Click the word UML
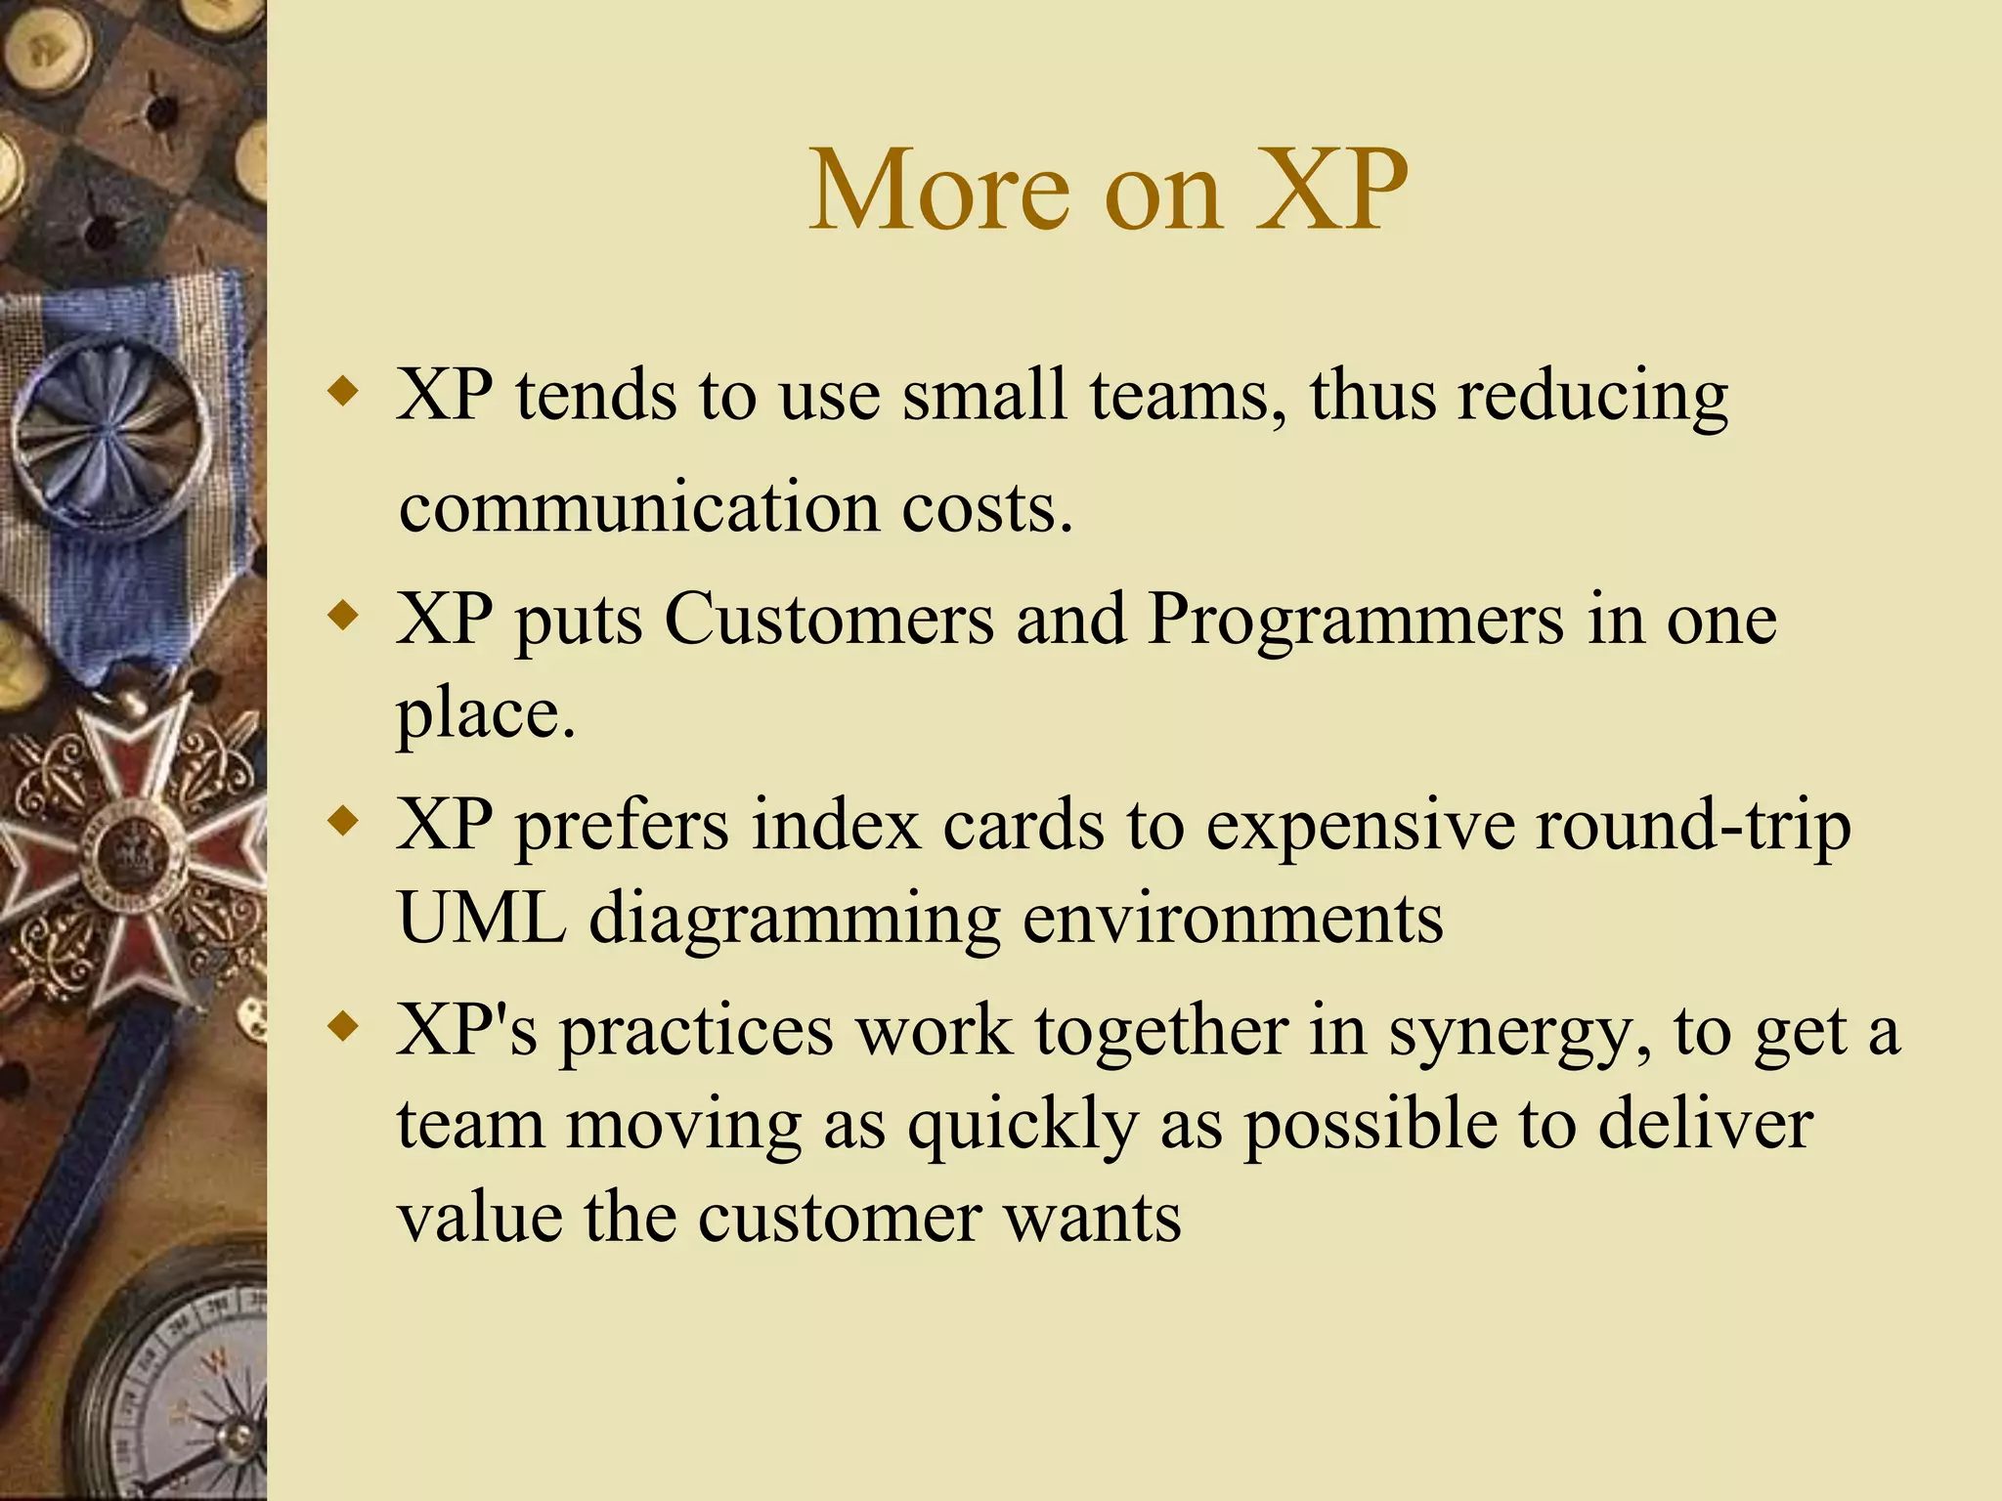point(482,919)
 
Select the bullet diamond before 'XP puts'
point(343,617)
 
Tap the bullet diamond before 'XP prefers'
point(343,822)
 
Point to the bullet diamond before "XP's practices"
point(343,1028)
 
